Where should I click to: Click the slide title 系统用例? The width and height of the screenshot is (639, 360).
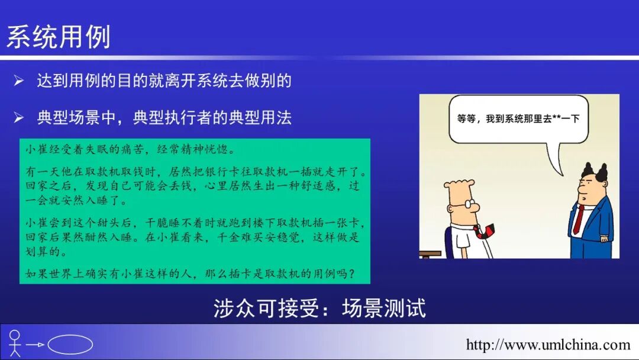pyautogui.click(x=59, y=37)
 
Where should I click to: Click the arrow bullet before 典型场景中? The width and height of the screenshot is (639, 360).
pyautogui.click(x=19, y=118)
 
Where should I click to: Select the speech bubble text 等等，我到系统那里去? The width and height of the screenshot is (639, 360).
pyautogui.click(x=500, y=118)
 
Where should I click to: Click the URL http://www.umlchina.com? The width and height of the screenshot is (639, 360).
pyautogui.click(x=548, y=345)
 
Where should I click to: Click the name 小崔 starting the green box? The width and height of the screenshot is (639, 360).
pyautogui.click(x=34, y=149)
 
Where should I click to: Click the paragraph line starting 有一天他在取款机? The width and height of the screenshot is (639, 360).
pyautogui.click(x=195, y=172)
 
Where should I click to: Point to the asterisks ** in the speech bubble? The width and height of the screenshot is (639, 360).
pyautogui.click(x=556, y=118)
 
